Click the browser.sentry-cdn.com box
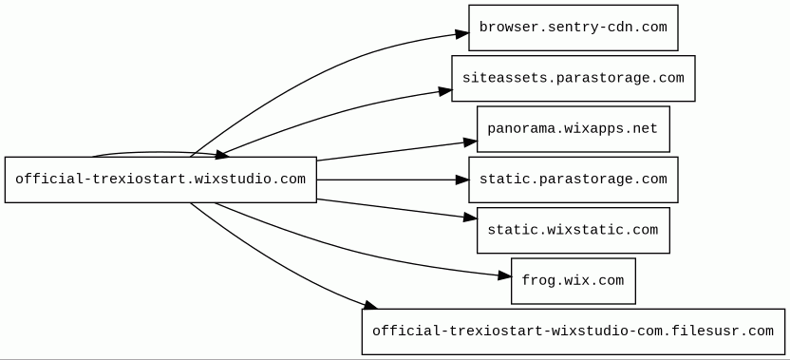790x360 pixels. pos(574,28)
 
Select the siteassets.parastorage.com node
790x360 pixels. pos(574,78)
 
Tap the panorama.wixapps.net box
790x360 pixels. pos(574,129)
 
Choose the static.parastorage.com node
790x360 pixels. pos(574,180)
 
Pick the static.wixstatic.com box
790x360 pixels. pos(574,231)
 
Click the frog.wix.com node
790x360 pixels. pos(574,281)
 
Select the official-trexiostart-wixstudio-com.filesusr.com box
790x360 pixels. pos(574,332)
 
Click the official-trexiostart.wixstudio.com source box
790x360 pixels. pos(160,180)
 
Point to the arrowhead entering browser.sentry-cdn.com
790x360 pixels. pos(462,34)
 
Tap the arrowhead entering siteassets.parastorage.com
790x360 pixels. pos(445,91)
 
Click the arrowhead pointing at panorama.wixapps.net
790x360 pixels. pos(471,142)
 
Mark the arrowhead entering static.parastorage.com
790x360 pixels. pos(462,180)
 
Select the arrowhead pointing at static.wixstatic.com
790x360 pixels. pos(471,218)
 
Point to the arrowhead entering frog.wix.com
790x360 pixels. pos(505,275)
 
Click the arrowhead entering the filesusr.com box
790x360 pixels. pos(369,305)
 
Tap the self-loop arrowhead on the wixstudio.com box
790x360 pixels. pos(223,155)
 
